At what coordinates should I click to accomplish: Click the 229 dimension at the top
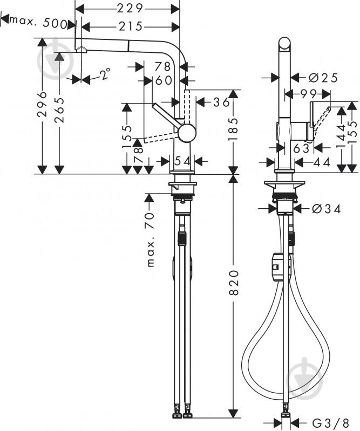(130, 9)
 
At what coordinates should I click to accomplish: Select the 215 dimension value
(131, 26)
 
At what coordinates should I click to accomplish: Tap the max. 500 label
(38, 22)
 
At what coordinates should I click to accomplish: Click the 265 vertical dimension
(59, 110)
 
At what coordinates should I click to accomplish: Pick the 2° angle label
(105, 74)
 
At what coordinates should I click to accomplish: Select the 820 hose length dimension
(234, 282)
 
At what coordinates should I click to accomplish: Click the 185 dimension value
(234, 129)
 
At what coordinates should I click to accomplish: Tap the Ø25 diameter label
(323, 78)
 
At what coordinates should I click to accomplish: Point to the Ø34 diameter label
(326, 209)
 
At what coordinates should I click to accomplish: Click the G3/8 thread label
(330, 422)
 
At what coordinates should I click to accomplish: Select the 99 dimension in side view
(309, 94)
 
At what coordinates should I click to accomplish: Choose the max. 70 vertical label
(151, 240)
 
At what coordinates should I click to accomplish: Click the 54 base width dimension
(182, 161)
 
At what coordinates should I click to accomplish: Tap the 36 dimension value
(221, 102)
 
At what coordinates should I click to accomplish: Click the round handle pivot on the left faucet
(187, 133)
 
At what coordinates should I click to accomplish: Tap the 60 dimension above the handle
(164, 80)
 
